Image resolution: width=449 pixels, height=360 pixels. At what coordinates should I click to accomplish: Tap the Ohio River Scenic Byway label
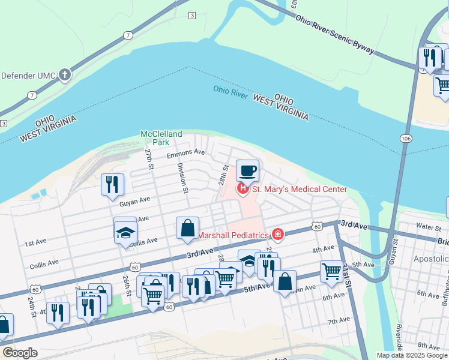(335, 34)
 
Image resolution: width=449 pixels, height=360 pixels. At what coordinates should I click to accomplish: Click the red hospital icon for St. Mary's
(243, 190)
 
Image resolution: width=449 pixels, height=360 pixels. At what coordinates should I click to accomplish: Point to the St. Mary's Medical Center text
(299, 190)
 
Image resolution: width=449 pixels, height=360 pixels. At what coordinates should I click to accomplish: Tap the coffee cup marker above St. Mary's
(247, 171)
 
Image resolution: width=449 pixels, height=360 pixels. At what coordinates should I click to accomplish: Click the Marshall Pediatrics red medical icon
(278, 233)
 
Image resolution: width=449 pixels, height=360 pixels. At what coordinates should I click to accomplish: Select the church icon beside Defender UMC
(65, 76)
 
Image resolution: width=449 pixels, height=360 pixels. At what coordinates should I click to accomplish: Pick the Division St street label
(183, 179)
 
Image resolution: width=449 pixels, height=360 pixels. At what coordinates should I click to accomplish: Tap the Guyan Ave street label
(134, 203)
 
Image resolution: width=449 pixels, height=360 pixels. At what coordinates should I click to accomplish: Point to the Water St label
(428, 227)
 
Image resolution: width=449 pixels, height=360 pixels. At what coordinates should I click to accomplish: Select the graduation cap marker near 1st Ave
(125, 232)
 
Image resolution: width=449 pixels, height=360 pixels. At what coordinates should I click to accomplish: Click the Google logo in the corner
(19, 352)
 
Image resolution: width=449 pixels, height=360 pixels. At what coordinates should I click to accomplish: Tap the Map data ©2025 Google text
(412, 355)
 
